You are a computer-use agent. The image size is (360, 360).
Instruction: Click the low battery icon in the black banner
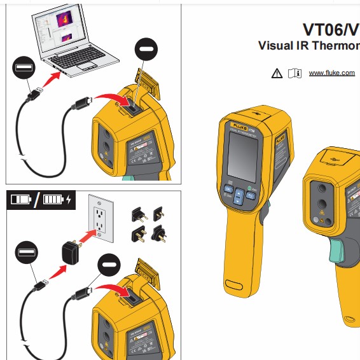(x=20, y=200)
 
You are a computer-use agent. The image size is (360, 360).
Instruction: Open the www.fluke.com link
(x=331, y=73)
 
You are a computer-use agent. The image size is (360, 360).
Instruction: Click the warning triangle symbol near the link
(x=277, y=73)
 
